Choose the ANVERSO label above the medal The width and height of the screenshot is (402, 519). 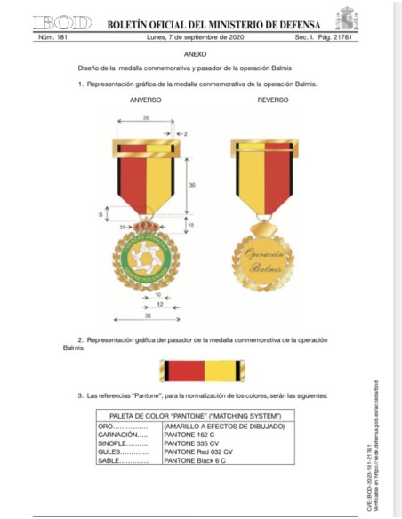coord(146,100)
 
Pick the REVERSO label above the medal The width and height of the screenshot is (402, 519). coord(272,100)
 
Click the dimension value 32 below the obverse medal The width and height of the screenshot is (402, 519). coord(147,314)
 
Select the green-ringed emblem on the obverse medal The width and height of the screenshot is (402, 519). coord(145,257)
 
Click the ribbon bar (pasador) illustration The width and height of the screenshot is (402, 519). coord(201,370)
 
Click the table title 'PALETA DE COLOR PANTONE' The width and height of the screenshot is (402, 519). coord(195,416)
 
